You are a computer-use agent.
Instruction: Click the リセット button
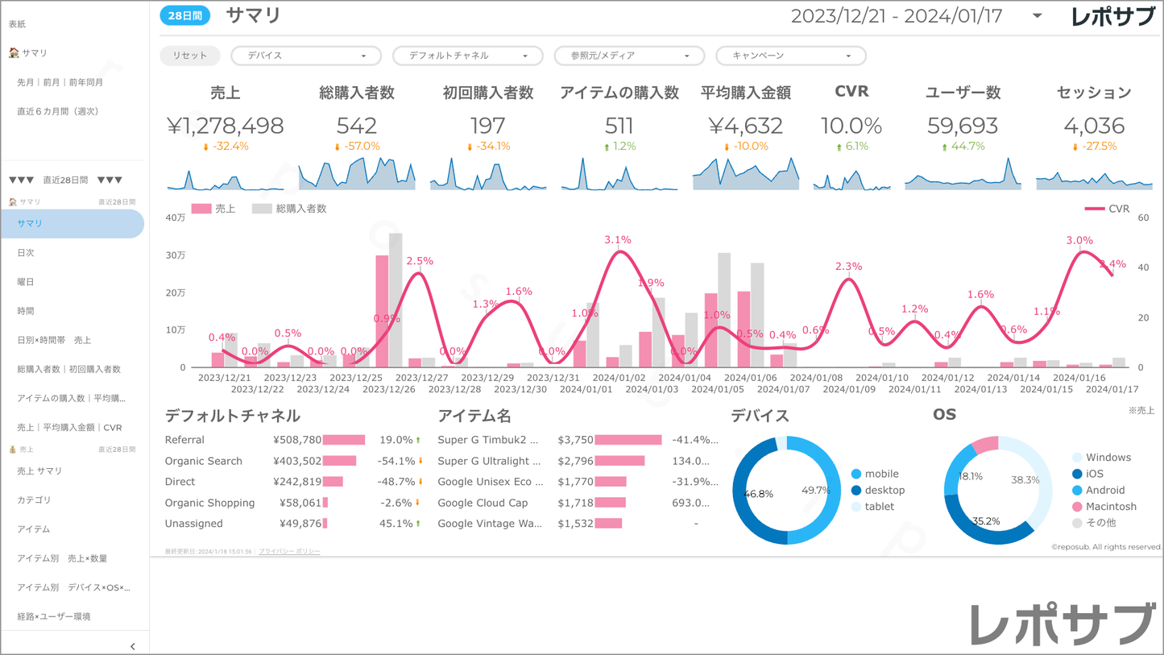pyautogui.click(x=190, y=56)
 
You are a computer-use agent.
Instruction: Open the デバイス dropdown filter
pyautogui.click(x=305, y=56)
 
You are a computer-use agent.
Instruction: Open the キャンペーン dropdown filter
pyautogui.click(x=790, y=56)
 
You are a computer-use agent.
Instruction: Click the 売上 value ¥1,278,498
pyautogui.click(x=226, y=126)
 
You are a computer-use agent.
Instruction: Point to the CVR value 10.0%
pyautogui.click(x=851, y=126)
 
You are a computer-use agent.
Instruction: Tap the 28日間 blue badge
pyautogui.click(x=184, y=15)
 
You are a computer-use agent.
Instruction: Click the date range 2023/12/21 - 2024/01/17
pyautogui.click(x=897, y=16)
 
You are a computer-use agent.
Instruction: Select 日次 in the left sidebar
pyautogui.click(x=26, y=253)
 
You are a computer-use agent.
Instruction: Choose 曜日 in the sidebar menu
pyautogui.click(x=26, y=282)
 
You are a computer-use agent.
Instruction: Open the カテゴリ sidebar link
pyautogui.click(x=34, y=500)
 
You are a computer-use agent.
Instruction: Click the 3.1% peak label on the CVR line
pyautogui.click(x=618, y=240)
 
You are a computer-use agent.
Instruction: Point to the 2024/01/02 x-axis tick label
pyautogui.click(x=619, y=378)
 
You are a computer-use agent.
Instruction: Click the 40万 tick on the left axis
pyautogui.click(x=175, y=218)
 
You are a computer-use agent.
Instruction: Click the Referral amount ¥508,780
pyautogui.click(x=297, y=440)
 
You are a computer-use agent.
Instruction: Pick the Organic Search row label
pyautogui.click(x=203, y=461)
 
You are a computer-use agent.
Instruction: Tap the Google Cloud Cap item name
pyautogui.click(x=483, y=503)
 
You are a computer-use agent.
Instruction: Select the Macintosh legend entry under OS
pyautogui.click(x=1110, y=507)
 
